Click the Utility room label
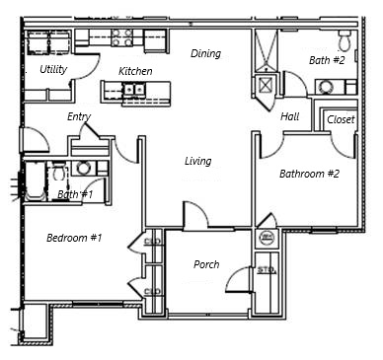coord(53,70)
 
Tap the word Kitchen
coord(135,71)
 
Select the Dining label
coord(205,53)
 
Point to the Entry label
coord(79,116)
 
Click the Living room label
coord(198,161)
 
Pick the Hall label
coord(289,116)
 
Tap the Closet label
coord(340,119)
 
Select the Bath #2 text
coord(326,60)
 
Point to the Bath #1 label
coord(75,194)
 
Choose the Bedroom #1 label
coord(74,237)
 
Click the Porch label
coord(206,264)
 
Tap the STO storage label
coord(264,268)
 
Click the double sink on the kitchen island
coord(135,92)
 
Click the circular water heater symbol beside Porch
coord(266,239)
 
